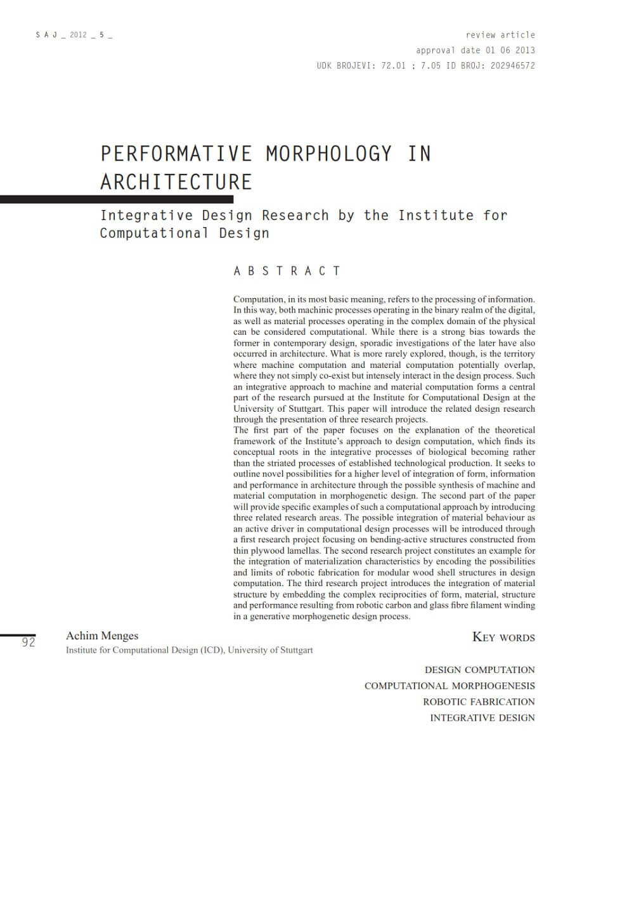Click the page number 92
(x=29, y=643)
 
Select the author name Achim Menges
(x=102, y=636)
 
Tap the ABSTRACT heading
(x=287, y=271)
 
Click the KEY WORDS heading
(x=503, y=637)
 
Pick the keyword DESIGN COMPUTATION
(x=479, y=670)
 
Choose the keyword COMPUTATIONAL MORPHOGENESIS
(x=450, y=686)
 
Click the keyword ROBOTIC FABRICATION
(x=479, y=702)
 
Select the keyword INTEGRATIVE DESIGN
(x=482, y=717)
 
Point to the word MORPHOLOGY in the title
(x=328, y=154)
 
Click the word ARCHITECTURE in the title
(x=176, y=182)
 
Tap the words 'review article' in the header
(x=500, y=35)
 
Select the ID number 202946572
(x=512, y=65)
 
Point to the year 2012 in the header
(x=79, y=35)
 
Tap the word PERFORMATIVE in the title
(x=176, y=154)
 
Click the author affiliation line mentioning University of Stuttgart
(x=189, y=650)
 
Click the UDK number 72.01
(x=393, y=65)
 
